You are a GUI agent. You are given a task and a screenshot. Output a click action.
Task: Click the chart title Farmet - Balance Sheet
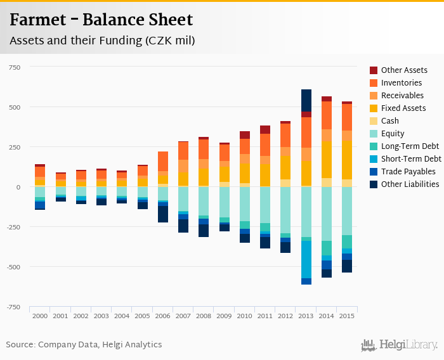[101, 20]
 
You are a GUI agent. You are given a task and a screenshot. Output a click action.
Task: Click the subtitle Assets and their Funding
[101, 41]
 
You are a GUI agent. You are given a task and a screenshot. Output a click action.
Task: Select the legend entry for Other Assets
[404, 70]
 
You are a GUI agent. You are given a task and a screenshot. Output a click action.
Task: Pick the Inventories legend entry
[402, 83]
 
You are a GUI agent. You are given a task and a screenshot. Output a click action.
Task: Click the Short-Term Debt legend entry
[411, 159]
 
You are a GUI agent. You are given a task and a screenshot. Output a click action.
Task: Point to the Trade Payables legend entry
[408, 172]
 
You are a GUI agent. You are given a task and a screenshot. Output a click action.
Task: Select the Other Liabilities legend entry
[410, 184]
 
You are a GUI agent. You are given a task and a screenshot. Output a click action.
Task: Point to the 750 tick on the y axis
[14, 67]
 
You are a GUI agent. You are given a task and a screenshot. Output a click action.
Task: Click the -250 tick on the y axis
[13, 227]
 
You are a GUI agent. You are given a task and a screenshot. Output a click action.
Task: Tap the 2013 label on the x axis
[306, 315]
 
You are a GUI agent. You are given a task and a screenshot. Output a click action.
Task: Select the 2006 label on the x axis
[163, 315]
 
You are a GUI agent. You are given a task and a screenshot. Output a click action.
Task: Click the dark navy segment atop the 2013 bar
[306, 100]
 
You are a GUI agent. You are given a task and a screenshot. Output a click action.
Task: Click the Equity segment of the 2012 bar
[285, 210]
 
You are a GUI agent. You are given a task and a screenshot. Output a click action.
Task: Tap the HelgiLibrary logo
[399, 345]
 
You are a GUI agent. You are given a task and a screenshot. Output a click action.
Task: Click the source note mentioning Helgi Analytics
[84, 345]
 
